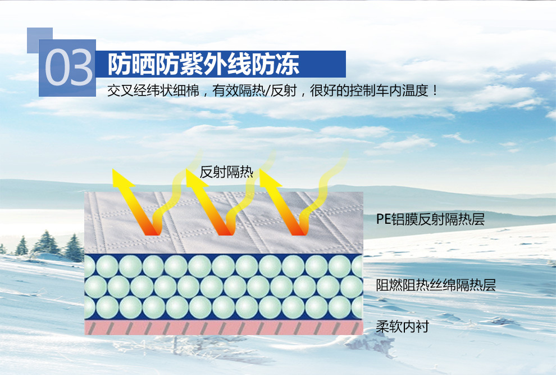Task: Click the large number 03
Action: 69,67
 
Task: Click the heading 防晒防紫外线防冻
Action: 203,64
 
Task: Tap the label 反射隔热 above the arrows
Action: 226,172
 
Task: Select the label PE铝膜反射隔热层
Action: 430,219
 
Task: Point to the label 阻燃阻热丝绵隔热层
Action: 436,285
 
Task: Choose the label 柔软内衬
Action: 403,326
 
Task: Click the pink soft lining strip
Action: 224,327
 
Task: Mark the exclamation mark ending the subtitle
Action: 435,91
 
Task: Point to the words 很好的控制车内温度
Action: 369,91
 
